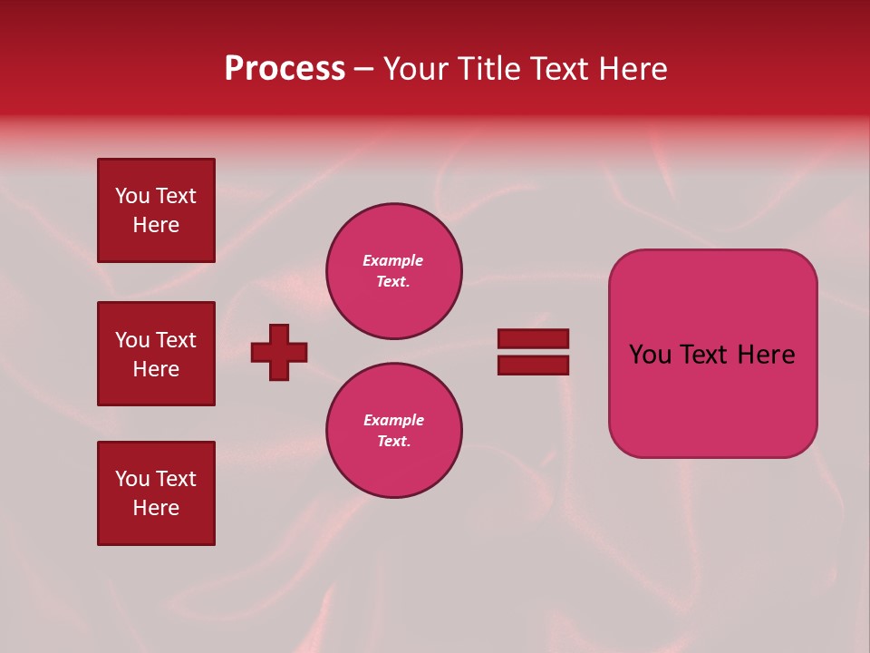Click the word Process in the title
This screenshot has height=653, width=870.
click(285, 69)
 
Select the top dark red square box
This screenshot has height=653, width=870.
click(156, 210)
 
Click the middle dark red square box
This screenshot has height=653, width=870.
click(156, 354)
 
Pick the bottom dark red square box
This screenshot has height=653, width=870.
click(156, 493)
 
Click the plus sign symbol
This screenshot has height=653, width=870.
click(279, 352)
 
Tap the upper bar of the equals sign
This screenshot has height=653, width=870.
click(533, 338)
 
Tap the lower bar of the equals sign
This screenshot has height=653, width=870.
click(533, 365)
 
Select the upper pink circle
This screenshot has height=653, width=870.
click(394, 271)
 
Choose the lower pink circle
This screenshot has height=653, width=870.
click(394, 431)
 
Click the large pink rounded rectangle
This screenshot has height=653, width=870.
click(712, 354)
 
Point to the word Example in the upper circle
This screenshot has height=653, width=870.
click(393, 260)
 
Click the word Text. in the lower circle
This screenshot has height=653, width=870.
click(393, 441)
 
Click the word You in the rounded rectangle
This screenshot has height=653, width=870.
click(649, 355)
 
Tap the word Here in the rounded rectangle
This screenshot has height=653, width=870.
click(766, 355)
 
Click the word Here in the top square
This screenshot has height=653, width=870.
click(156, 225)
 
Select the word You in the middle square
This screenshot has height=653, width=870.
click(131, 340)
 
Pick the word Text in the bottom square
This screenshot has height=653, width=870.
click(176, 479)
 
